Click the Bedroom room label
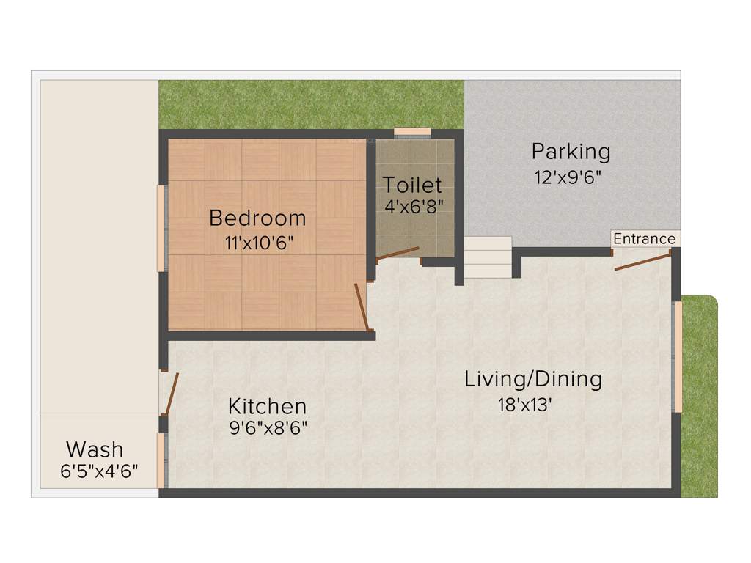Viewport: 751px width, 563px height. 257,218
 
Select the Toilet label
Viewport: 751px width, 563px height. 412,185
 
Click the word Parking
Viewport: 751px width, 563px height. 571,152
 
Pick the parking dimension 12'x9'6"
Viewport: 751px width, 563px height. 572,177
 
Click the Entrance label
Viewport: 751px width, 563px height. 644,239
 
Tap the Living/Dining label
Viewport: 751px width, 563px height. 533,379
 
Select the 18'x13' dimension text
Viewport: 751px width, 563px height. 524,405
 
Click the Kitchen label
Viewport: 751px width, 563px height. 267,405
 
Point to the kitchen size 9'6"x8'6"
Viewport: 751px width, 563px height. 267,427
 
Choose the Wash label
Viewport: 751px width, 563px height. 95,449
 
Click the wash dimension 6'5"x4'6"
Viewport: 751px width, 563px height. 99,471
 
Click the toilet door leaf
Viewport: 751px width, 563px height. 397,254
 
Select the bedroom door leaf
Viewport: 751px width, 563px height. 361,306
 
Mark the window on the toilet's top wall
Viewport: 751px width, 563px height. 412,132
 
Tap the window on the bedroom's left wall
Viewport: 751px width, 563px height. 161,229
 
